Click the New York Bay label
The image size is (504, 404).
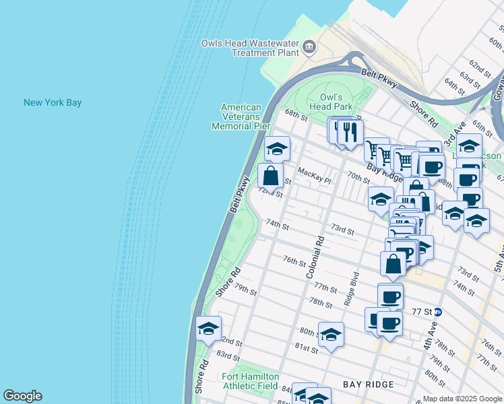[x=53, y=102]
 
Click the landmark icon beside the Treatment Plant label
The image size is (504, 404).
[x=309, y=46]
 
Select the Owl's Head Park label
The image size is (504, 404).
[x=331, y=102]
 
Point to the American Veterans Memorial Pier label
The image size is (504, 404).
[x=241, y=116]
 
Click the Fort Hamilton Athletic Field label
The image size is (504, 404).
[x=250, y=381]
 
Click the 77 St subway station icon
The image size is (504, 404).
[x=438, y=312]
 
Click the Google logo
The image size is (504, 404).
[x=22, y=396]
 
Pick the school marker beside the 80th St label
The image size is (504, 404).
[x=330, y=335]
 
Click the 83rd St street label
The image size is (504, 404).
[x=228, y=356]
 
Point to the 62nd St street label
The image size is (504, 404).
[x=480, y=67]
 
